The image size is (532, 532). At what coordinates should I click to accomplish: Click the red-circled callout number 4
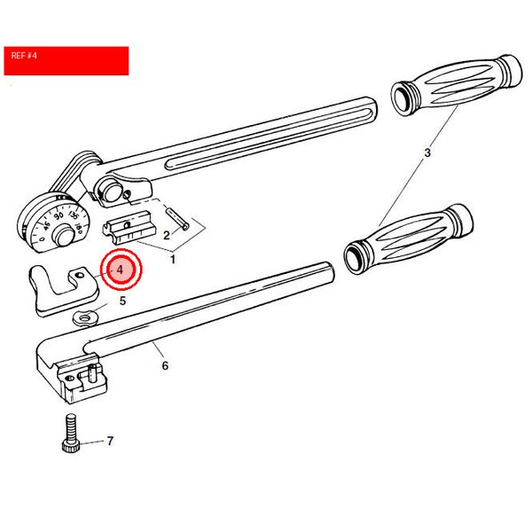pos(120,270)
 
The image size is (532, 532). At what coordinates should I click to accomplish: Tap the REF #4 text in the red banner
pos(24,56)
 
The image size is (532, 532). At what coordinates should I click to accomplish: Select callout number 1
pos(173,260)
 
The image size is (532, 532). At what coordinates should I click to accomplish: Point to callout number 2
pos(167,235)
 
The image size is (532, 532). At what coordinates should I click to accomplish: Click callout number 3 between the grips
pos(427,153)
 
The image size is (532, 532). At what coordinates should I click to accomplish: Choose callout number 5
pos(122,301)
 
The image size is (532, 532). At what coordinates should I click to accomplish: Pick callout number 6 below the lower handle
pos(165,365)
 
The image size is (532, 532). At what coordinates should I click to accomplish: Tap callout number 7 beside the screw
pos(110,441)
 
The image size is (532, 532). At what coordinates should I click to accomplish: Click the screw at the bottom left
pos(71,433)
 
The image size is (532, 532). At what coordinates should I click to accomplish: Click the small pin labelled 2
pos(176,219)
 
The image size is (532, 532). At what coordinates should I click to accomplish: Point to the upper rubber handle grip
pos(457,85)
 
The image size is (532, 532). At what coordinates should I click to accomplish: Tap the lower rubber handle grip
pos(409,239)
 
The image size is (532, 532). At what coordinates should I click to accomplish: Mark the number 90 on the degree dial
pos(59,215)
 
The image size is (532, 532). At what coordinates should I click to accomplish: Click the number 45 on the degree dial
pos(46,225)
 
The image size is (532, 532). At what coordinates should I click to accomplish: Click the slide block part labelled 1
pos(129,227)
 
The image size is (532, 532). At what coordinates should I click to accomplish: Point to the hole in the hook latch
pos(80,275)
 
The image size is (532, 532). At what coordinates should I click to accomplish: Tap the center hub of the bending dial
pos(65,235)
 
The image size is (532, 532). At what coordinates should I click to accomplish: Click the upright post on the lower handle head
pos(91,372)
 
